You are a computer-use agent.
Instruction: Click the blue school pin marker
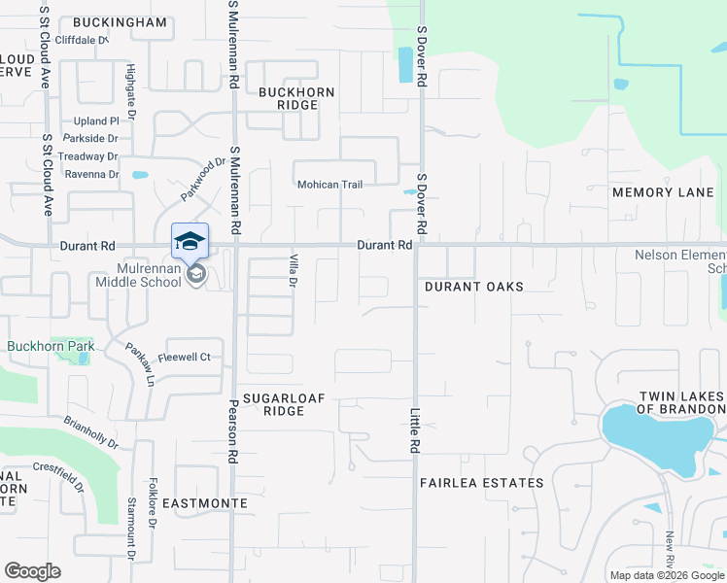tap(190, 240)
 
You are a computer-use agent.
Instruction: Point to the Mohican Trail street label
tap(329, 185)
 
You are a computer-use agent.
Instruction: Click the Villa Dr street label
tap(293, 271)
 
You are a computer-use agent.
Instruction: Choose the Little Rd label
tap(413, 430)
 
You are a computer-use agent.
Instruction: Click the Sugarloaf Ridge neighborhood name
tap(284, 404)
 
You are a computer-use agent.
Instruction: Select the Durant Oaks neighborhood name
tap(474, 287)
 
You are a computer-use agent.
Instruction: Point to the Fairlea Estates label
tap(481, 483)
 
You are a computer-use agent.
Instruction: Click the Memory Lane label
tap(663, 192)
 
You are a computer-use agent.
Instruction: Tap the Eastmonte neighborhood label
tap(204, 503)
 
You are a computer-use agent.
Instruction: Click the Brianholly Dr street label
tap(90, 432)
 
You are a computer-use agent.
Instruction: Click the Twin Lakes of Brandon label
tap(680, 402)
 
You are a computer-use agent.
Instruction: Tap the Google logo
tap(32, 571)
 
